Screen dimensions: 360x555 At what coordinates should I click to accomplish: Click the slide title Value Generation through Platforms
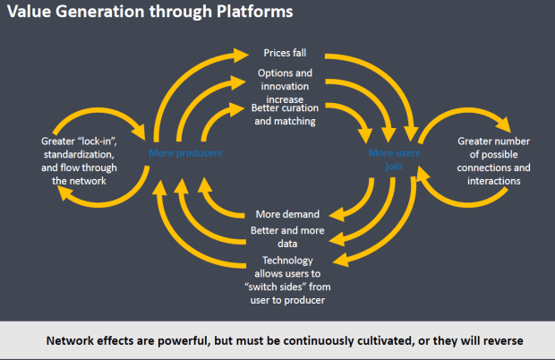click(149, 15)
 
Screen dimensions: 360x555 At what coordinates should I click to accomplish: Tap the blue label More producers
click(185, 153)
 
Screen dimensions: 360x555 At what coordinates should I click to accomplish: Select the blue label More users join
click(393, 160)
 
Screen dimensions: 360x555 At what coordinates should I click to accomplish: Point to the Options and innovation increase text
click(286, 85)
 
